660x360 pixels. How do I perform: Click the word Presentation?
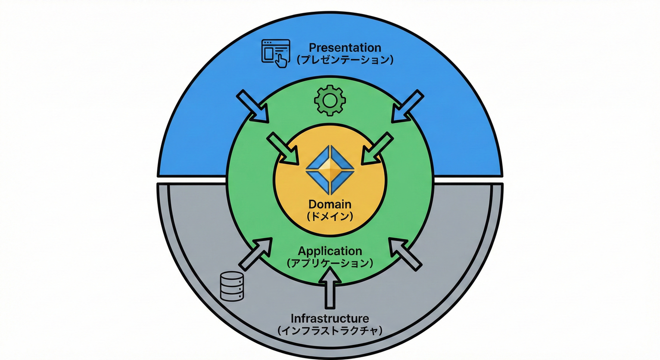coord(345,48)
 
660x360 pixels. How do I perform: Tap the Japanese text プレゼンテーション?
coord(345,60)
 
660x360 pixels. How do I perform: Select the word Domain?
coord(330,205)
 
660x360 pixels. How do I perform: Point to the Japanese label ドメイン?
coord(330,217)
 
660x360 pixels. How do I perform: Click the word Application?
coord(330,251)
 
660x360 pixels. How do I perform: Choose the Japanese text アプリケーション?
coord(330,263)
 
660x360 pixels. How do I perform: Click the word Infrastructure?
coord(330,319)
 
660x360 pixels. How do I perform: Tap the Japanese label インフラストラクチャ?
coord(330,331)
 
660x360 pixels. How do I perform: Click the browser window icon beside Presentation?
coord(275,51)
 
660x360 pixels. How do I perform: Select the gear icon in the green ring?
coord(330,100)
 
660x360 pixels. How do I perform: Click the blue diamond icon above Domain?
coord(330,170)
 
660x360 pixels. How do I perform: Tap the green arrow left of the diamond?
coord(283,148)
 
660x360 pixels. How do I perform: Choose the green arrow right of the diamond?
coord(377,148)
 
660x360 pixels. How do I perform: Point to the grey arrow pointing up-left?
coord(404,254)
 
